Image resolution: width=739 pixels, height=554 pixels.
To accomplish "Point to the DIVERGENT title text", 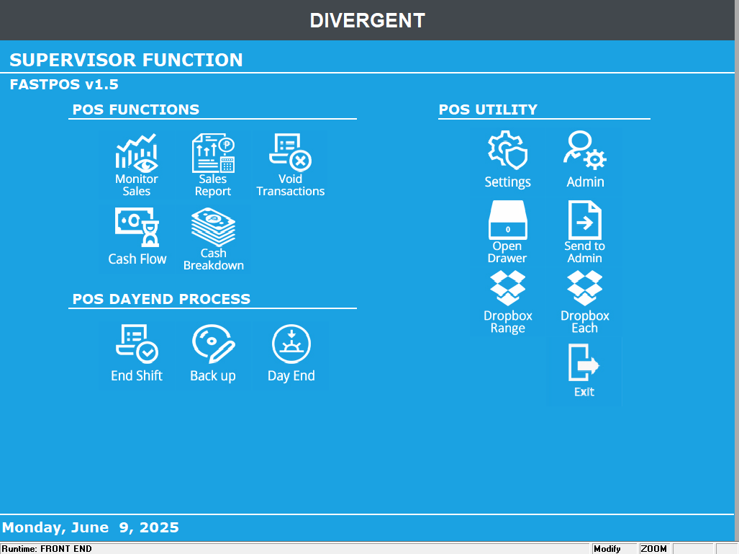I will pos(368,20).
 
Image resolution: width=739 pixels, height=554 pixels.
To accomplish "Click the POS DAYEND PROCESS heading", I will pos(162,299).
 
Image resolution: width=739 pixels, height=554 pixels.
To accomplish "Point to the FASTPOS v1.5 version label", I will pos(64,85).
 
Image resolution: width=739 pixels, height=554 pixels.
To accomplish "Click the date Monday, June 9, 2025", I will pos(91,527).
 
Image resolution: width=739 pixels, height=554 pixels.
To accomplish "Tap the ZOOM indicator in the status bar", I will pos(654,549).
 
